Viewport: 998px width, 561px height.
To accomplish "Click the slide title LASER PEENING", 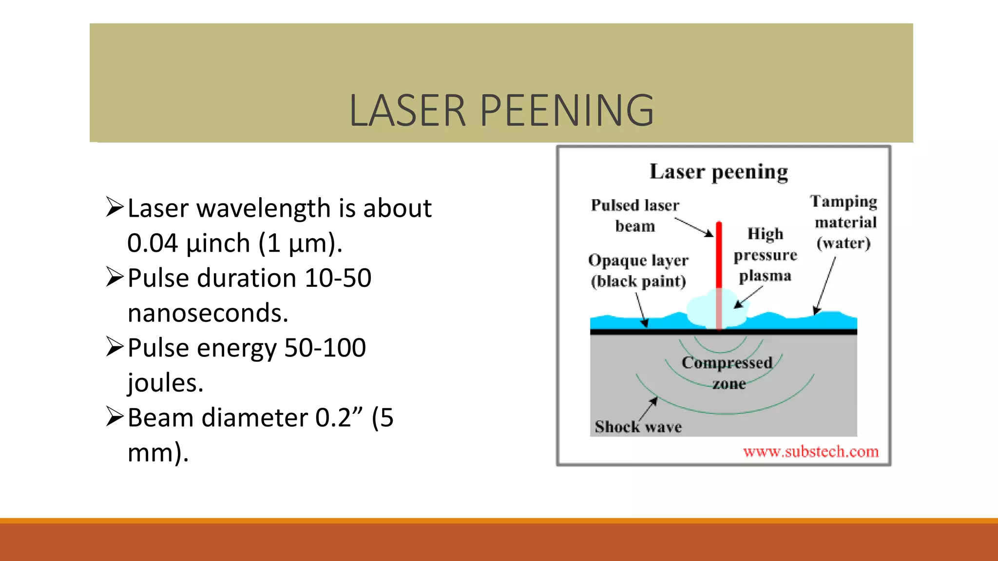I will [501, 111].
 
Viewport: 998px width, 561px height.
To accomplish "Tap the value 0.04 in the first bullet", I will [152, 243].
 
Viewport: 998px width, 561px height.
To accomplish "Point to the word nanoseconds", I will [208, 313].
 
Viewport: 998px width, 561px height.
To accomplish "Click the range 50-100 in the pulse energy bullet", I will [325, 348].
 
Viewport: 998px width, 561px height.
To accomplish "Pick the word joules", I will [165, 383].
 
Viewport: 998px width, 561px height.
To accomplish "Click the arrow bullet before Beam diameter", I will [115, 417].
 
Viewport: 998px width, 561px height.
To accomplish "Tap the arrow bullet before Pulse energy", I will [115, 347].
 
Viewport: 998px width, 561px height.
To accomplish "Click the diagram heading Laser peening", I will [719, 172].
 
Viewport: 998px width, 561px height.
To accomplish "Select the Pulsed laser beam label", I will [635, 216].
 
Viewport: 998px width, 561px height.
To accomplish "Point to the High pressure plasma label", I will [766, 255].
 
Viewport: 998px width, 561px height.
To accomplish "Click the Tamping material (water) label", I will [844, 222].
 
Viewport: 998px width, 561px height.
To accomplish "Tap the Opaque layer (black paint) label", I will [638, 271].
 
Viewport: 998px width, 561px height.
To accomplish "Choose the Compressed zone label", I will [728, 373].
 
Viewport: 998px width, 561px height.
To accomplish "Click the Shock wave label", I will [638, 427].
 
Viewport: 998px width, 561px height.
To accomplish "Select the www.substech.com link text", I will [811, 452].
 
